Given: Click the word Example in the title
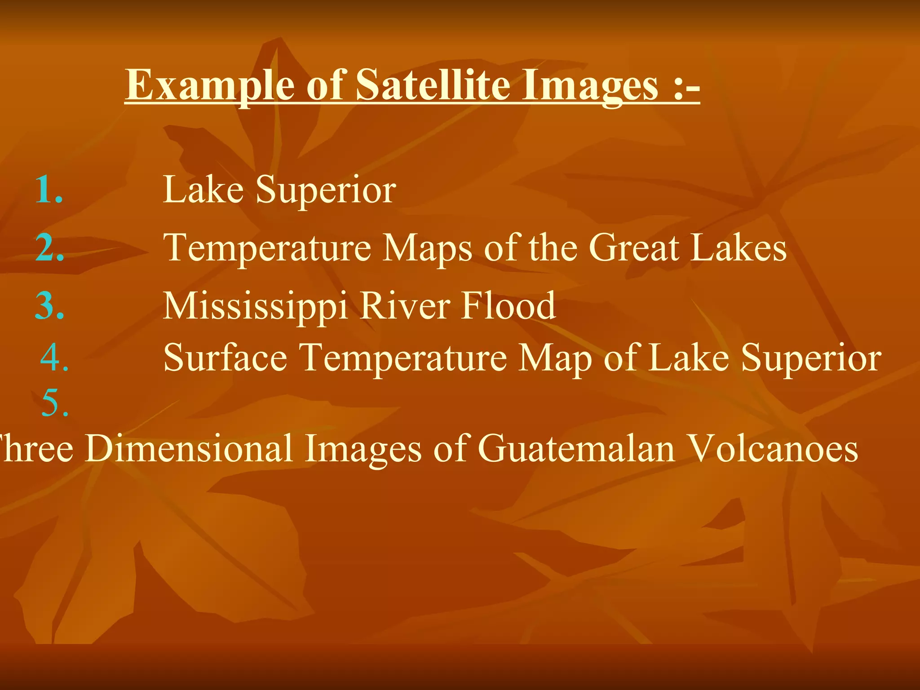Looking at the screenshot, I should click(209, 85).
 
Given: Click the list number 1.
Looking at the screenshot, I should click(49, 190).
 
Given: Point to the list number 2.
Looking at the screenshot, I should click(49, 248).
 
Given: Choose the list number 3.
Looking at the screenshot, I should click(49, 306).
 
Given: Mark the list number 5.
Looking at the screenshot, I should click(54, 403).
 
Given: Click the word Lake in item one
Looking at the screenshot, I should click(203, 190).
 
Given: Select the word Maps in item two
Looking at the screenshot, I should click(427, 248).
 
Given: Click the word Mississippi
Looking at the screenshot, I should click(256, 307).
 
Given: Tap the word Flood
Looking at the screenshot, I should click(509, 306).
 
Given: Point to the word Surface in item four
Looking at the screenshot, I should click(225, 358).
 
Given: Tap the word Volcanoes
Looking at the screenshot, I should click(773, 448).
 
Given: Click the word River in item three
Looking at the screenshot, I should click(405, 306).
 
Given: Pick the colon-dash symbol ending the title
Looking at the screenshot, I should click(687, 85).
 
